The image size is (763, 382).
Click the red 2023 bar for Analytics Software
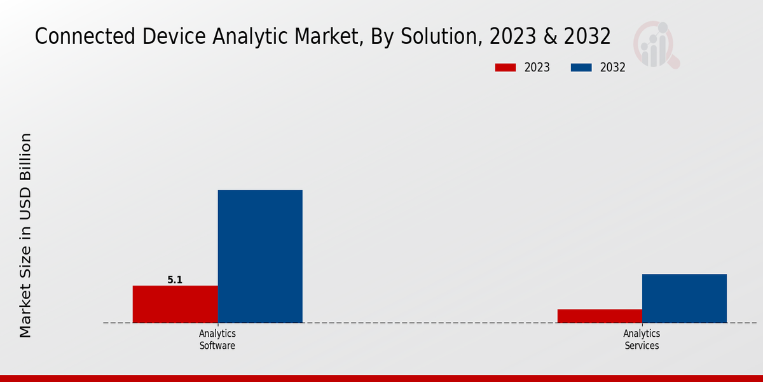175,304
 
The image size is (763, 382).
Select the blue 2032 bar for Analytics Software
260,256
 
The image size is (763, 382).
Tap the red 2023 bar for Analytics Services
600,316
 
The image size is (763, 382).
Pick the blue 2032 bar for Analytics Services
684,298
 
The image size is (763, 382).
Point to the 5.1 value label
175,279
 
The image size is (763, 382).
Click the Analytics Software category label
217,340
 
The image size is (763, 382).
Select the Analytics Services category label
642,340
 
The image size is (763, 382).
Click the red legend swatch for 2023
505,67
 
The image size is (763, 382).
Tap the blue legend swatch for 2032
581,67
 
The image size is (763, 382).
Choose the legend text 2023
537,67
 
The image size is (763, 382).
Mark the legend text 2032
613,67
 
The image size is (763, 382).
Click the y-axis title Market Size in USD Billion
25,235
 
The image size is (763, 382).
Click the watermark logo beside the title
656,45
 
